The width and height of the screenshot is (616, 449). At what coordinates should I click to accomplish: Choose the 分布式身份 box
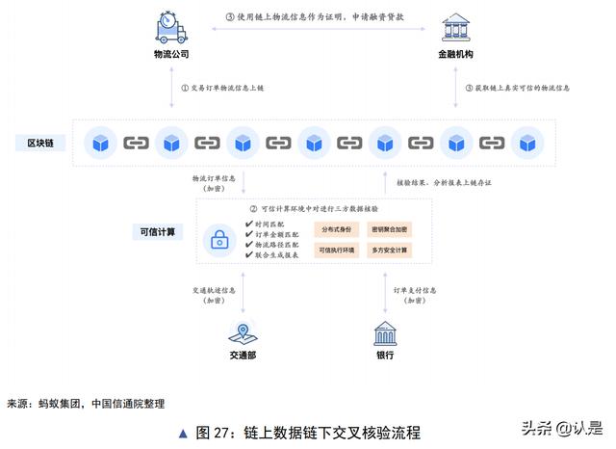coord(336,230)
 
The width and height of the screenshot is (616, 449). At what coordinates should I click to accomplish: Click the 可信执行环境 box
coord(336,251)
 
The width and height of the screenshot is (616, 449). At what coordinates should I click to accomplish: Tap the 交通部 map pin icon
coord(241,333)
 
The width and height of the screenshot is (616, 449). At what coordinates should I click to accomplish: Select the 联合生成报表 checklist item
coord(273,254)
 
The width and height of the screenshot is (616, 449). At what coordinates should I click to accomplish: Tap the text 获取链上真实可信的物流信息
coord(515,88)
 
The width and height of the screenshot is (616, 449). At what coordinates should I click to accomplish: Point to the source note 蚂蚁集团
coord(63,403)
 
